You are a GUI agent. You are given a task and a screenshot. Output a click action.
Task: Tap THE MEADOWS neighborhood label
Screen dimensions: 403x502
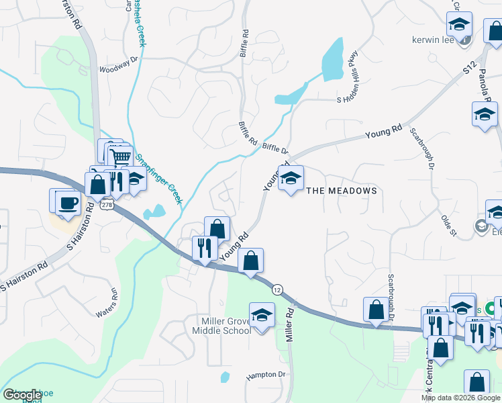click(x=342, y=191)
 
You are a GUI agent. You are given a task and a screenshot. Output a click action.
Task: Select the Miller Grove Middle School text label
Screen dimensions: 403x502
click(x=221, y=326)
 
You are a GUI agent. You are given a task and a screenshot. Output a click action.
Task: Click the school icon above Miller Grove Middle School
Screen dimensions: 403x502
click(x=262, y=315)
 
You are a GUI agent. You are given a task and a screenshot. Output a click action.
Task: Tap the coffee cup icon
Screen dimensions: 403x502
click(x=67, y=203)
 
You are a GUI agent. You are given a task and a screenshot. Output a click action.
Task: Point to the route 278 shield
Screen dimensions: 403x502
click(x=106, y=204)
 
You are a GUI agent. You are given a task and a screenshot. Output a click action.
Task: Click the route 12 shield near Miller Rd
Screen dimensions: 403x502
click(x=277, y=289)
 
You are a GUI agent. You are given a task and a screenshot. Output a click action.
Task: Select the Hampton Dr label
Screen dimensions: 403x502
click(x=266, y=374)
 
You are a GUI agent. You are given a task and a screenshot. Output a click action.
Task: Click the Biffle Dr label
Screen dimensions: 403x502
click(x=275, y=148)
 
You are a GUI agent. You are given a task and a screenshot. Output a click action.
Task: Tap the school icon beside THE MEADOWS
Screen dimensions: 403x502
click(x=291, y=179)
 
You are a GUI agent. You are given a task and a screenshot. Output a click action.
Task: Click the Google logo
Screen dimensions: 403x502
click(x=22, y=395)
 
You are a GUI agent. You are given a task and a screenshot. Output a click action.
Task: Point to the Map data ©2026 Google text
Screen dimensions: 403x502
click(x=460, y=397)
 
